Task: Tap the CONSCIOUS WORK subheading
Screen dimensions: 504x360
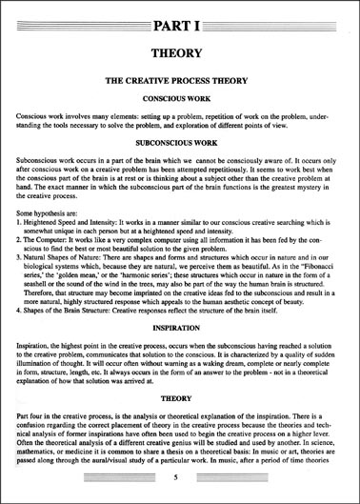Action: pos(180,100)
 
